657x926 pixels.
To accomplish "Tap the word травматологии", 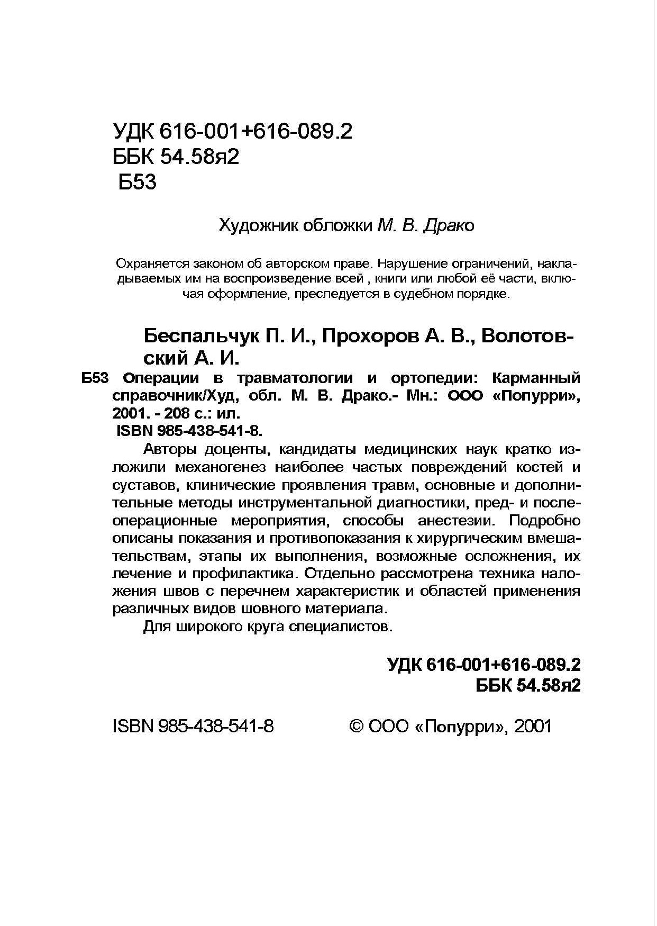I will click(294, 378).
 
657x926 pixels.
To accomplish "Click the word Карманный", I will click(536, 378).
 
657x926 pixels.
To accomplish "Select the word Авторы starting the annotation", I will click(170, 450).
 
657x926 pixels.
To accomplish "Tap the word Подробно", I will click(545, 521).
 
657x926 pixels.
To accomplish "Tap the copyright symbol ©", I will click(357, 726).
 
